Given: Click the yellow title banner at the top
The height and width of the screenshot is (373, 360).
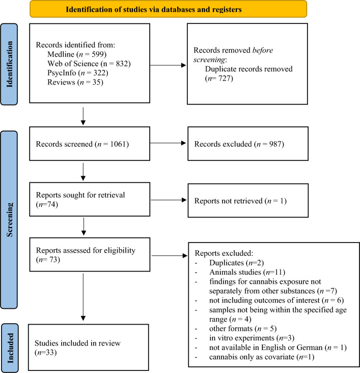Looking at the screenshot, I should click(168, 9).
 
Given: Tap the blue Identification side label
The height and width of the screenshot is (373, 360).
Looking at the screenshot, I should click(9, 66).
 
